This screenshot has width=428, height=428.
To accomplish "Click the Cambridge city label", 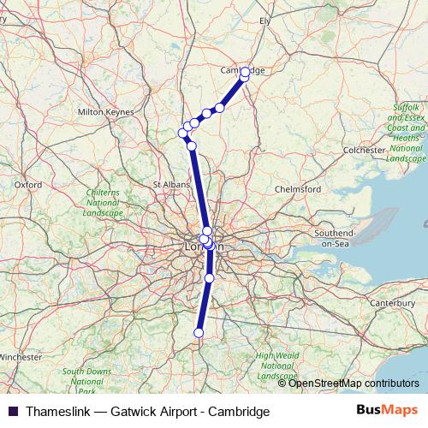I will coord(242,71).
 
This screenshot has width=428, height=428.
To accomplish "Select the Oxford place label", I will coord(28,184).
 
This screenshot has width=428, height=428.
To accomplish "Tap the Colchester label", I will coord(363,150).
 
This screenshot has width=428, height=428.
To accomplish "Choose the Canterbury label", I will coord(389,303).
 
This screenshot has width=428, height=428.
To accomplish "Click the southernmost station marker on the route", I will coord(199,333).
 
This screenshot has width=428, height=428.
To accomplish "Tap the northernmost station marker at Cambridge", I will coord(246,72).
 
